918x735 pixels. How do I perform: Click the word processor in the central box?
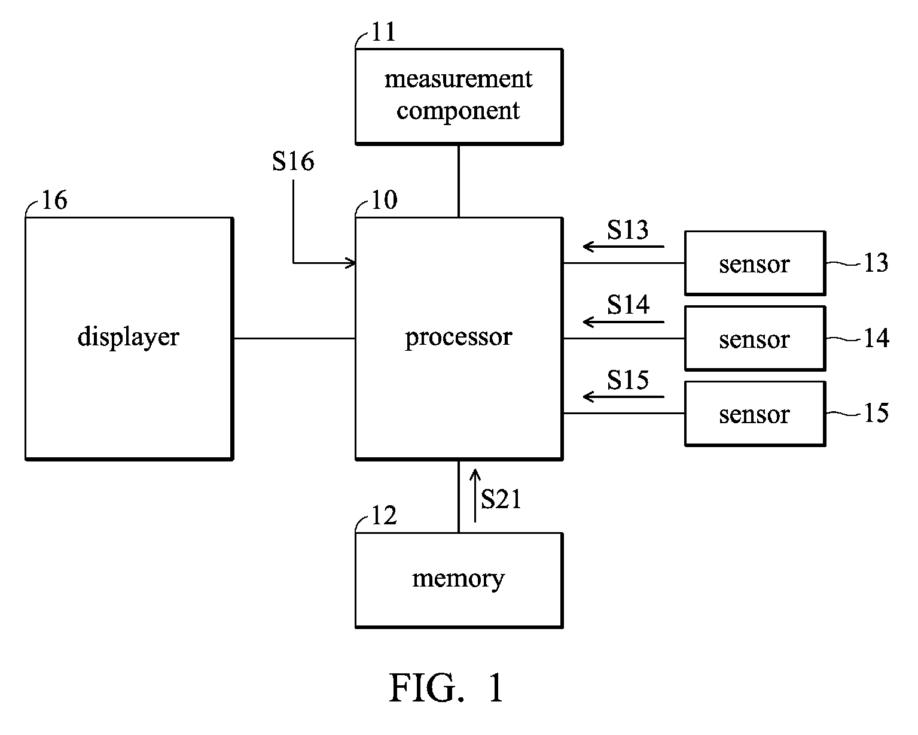point(458,338)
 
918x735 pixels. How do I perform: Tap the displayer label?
point(128,337)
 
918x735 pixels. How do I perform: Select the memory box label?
point(458,579)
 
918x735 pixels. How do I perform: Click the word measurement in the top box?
point(458,79)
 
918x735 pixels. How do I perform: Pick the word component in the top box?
point(458,111)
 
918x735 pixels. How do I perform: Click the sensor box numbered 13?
point(754,263)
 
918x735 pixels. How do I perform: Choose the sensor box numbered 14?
point(754,339)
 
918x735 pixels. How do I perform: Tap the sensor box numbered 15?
point(754,414)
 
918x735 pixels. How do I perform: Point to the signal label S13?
point(627,230)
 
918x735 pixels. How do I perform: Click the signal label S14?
point(627,305)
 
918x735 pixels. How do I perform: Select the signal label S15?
point(627,380)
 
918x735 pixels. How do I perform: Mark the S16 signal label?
point(293,162)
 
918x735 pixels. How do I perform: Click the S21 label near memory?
point(501,499)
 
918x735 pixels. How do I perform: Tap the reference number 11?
point(383,32)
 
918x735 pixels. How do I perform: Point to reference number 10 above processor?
point(383,201)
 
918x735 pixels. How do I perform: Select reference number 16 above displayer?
point(54,201)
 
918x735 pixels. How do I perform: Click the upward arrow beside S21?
point(475,496)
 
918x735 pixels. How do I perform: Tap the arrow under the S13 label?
point(623,246)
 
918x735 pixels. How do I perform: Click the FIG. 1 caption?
point(447,688)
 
